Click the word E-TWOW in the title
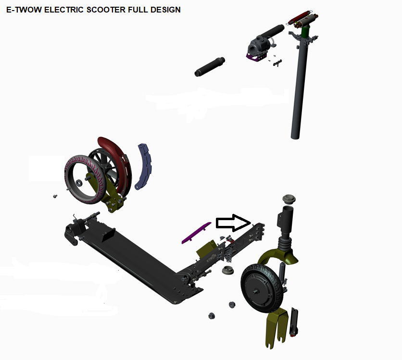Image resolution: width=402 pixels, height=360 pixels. tap(24, 10)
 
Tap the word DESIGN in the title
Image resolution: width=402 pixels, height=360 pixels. tap(165, 10)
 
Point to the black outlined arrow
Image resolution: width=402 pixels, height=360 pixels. tap(233, 223)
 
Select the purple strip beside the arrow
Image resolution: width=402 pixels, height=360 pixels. tap(196, 233)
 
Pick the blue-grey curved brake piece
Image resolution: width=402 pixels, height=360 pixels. tap(145, 167)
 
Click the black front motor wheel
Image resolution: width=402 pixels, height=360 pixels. tap(262, 288)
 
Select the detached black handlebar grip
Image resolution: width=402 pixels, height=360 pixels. tap(210, 67)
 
